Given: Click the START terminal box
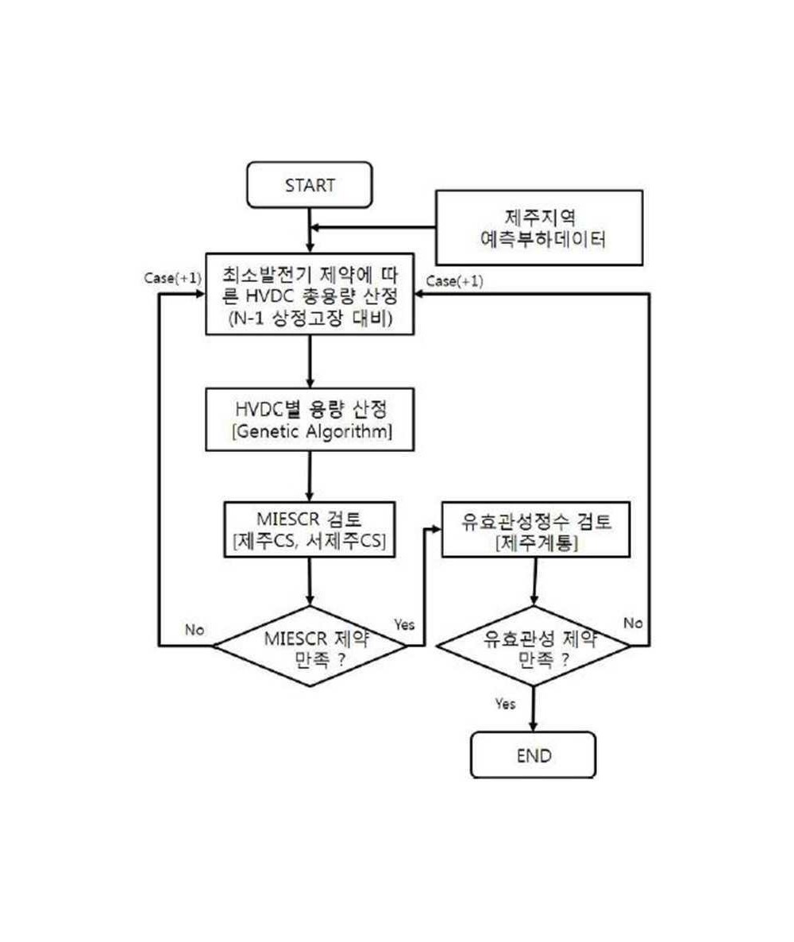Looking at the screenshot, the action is coord(310,185).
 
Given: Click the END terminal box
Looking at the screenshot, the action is coord(534,755).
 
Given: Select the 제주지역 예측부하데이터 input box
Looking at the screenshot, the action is coord(539,228).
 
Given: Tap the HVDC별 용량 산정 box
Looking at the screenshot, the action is coord(310,419).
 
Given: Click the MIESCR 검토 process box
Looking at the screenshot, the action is coord(310,530).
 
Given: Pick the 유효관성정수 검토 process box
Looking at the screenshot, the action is coord(536,530).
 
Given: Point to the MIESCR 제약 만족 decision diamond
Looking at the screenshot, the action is coord(310,647).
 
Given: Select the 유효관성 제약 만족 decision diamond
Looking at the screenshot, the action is coord(534,647).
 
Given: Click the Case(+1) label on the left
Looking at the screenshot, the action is coord(173,278).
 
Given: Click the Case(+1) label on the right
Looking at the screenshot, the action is coord(455,281).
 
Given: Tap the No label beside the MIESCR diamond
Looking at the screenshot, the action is coord(195,630).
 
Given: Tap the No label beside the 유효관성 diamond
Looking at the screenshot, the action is coord(633,623).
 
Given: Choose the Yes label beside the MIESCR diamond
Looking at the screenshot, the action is coord(404,625).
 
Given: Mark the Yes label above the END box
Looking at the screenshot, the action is coord(505,704).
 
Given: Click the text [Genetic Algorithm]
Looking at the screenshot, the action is coord(312,431).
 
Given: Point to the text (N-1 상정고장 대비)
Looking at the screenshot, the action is coord(310,318).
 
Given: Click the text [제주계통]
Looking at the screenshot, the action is coord(536,543).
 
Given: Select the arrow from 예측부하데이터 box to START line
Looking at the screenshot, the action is coord(372,228).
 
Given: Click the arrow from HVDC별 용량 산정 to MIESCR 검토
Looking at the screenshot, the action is coord(310,477).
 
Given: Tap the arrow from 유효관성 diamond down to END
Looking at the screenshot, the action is coord(534,709).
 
